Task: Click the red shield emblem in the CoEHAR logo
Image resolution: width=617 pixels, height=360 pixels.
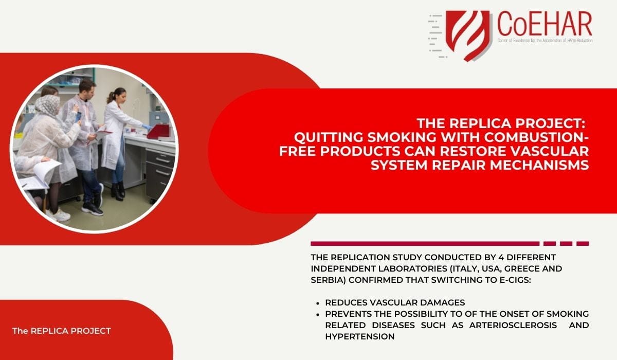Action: pyautogui.click(x=468, y=34)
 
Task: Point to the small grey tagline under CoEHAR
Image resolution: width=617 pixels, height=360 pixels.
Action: pyautogui.click(x=545, y=41)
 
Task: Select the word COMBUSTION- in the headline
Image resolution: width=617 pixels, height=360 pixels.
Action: pyautogui.click(x=537, y=137)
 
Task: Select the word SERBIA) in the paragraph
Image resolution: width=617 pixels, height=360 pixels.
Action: pyautogui.click(x=328, y=280)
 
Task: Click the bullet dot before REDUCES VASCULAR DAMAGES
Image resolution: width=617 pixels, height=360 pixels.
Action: pyautogui.click(x=318, y=303)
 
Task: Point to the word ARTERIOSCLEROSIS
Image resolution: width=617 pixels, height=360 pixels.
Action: pyautogui.click(x=513, y=326)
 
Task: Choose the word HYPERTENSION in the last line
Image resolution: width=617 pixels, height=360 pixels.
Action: pyautogui.click(x=360, y=336)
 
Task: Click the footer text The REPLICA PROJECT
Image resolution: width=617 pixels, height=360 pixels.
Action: pyautogui.click(x=61, y=331)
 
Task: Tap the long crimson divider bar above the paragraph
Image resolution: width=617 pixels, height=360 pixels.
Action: pyautogui.click(x=425, y=243)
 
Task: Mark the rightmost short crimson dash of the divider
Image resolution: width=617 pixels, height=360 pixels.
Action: pyautogui.click(x=583, y=243)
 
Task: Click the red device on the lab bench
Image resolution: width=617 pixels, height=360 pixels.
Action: pyautogui.click(x=159, y=131)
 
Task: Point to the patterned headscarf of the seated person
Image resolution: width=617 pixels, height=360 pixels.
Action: pyautogui.click(x=47, y=105)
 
